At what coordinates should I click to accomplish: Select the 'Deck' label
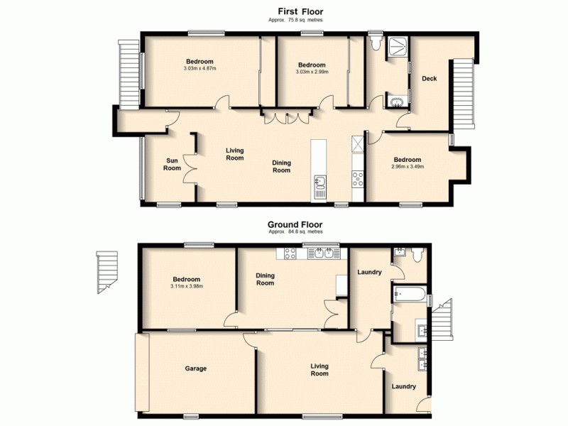(x=429, y=79)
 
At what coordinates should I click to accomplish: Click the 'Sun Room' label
(x=173, y=164)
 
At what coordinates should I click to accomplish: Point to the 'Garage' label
(x=196, y=368)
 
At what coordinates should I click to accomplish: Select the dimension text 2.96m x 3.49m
(x=408, y=168)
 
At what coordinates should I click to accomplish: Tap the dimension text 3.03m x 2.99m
(x=312, y=71)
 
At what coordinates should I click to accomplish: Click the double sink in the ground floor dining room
(x=323, y=253)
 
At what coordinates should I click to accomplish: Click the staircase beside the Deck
(x=462, y=92)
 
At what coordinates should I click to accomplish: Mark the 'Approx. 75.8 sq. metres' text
(x=295, y=21)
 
